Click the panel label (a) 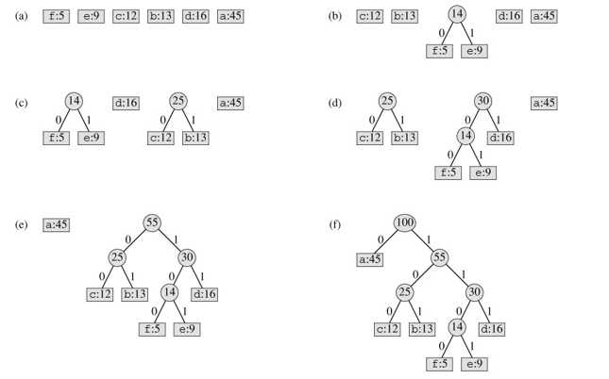(22, 16)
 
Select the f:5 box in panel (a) (57, 16)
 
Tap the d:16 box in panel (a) (195, 16)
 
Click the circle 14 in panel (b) (457, 14)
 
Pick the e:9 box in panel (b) (474, 51)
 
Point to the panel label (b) (335, 16)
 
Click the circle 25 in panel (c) (178, 101)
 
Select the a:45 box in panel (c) (230, 103)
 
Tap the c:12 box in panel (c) (161, 138)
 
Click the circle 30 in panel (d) (483, 101)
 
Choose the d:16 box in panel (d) (500, 138)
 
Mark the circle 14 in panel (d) (465, 136)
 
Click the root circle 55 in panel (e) (152, 222)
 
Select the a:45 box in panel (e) (57, 225)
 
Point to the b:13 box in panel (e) (135, 294)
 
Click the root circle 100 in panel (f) (404, 222)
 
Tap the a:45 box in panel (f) (370, 259)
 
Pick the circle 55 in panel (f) (439, 257)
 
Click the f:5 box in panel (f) (439, 364)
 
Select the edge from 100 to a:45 (385, 241)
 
